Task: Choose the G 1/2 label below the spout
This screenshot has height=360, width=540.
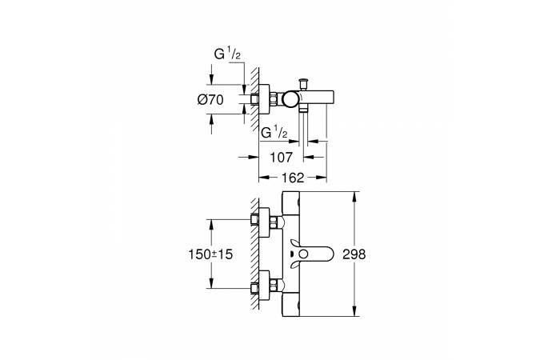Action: tap(275, 131)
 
